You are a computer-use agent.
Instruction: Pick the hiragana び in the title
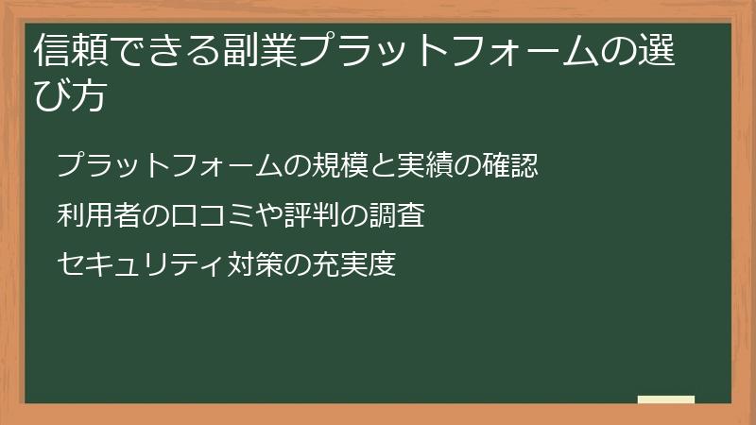coord(50,95)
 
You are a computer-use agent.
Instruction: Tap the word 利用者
coord(97,216)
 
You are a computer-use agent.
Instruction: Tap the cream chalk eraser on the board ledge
coord(666,399)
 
